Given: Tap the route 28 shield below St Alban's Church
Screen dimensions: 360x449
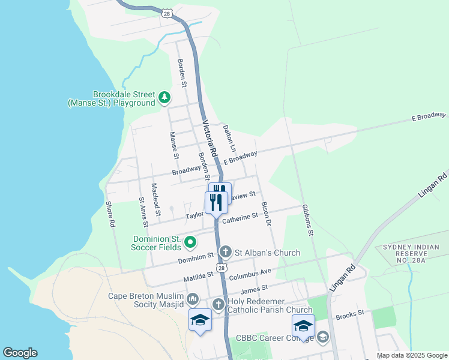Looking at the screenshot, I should click(x=222, y=269).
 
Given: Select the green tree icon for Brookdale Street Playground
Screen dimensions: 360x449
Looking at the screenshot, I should click(x=164, y=97).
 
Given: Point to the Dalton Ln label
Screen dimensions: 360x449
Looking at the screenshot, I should click(x=229, y=137).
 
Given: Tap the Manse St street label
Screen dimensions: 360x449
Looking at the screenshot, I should click(x=174, y=145).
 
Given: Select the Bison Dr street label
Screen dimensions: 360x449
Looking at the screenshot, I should click(x=267, y=214).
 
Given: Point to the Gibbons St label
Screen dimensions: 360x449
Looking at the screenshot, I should click(x=308, y=220).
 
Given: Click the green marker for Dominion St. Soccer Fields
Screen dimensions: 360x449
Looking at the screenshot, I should click(x=190, y=242).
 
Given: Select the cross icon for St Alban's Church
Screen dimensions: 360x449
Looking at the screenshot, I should click(x=225, y=252).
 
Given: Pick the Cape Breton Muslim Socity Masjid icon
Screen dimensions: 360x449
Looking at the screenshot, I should click(x=193, y=299).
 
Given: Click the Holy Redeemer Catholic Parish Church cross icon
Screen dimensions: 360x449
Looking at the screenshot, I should click(x=218, y=304).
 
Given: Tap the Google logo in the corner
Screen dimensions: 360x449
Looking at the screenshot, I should click(x=20, y=352).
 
